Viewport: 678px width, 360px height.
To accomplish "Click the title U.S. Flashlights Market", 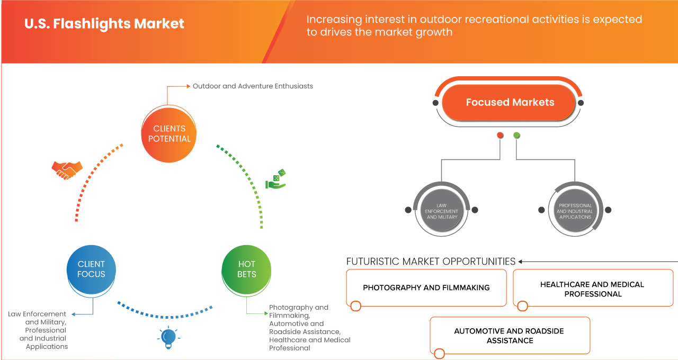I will pyautogui.click(x=104, y=24).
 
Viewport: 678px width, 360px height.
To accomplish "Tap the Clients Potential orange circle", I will pyautogui.click(x=169, y=133).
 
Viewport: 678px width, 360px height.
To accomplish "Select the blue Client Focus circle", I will pyautogui.click(x=91, y=269).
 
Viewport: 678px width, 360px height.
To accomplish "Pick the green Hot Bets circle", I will pyautogui.click(x=246, y=269).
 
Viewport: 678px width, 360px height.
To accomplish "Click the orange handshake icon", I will pyautogui.click(x=67, y=169).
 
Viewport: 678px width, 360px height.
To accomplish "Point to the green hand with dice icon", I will pyautogui.click(x=275, y=179).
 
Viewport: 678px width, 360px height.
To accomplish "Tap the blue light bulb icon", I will pyautogui.click(x=168, y=337).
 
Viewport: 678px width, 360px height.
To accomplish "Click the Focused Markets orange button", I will pyautogui.click(x=510, y=102).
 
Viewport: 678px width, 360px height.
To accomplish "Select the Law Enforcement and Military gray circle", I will pyautogui.click(x=441, y=210).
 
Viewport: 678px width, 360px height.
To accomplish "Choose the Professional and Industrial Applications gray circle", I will pyautogui.click(x=575, y=210).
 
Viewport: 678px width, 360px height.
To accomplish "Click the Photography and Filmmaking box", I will pyautogui.click(x=426, y=287).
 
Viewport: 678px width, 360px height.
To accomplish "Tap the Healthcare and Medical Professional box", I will pyautogui.click(x=592, y=289).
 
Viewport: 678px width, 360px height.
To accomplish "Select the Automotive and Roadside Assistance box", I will pyautogui.click(x=509, y=336).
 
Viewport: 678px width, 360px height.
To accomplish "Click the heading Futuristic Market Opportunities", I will pyautogui.click(x=431, y=262).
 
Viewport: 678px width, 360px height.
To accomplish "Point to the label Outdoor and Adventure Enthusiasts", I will pyautogui.click(x=253, y=86).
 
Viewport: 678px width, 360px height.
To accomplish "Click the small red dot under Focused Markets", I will pyautogui.click(x=499, y=136).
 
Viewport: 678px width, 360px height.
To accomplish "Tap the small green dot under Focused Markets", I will pyautogui.click(x=516, y=136).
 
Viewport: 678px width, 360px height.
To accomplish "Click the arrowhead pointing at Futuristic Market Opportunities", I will pyautogui.click(x=521, y=262).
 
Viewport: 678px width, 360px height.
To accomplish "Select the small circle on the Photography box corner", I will pyautogui.click(x=355, y=306).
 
